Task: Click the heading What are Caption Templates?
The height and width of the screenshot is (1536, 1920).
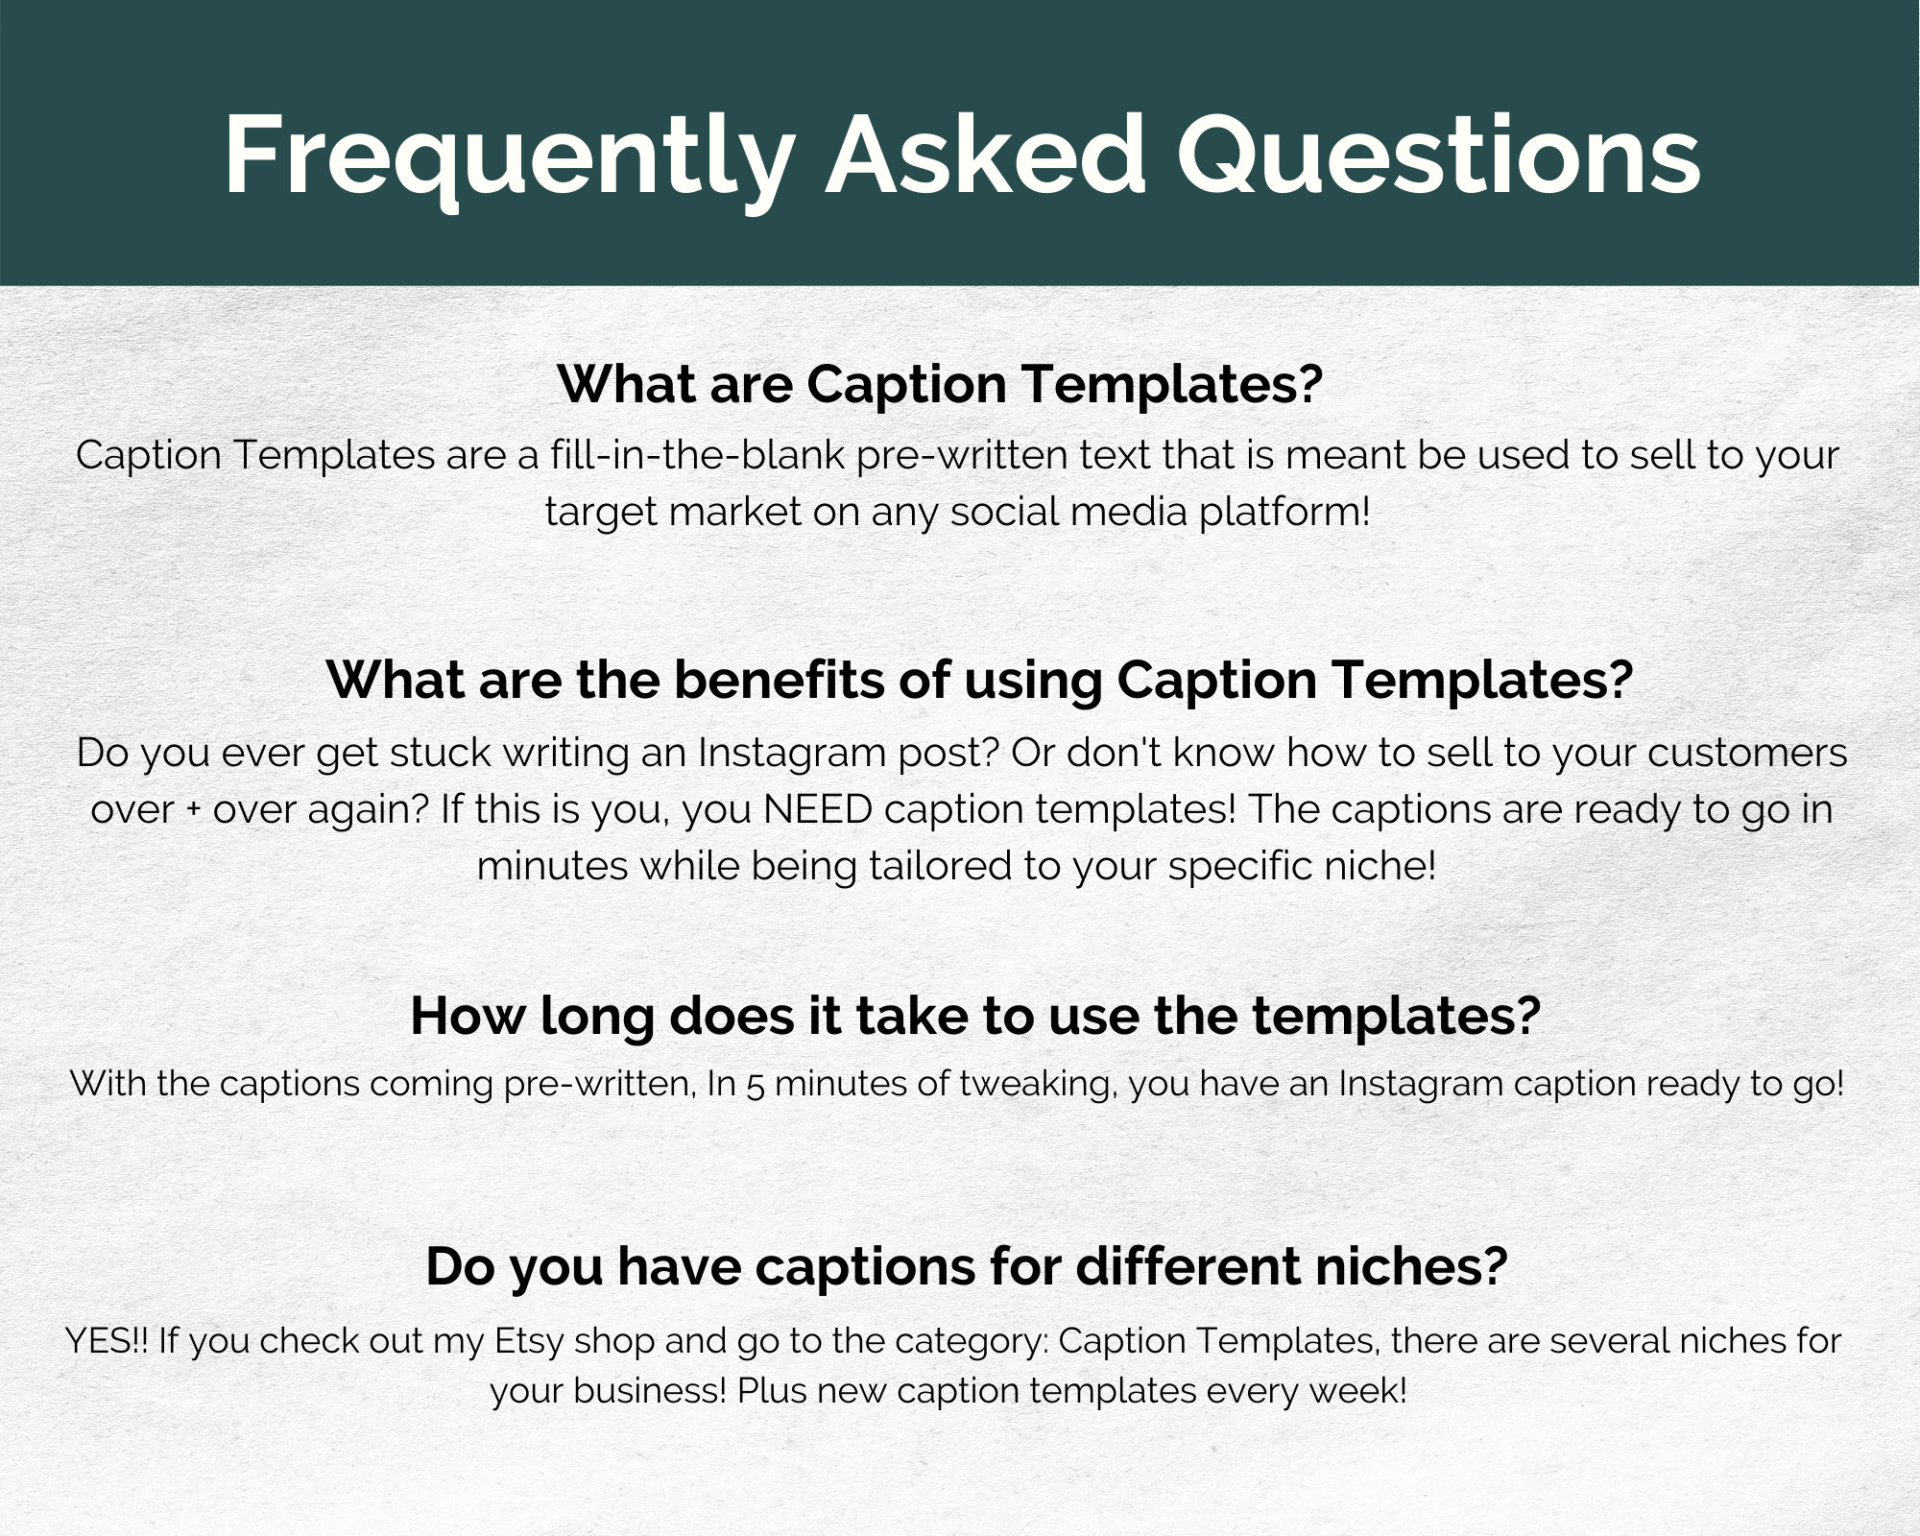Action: [x=940, y=384]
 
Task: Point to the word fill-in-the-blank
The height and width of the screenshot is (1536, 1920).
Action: [x=698, y=455]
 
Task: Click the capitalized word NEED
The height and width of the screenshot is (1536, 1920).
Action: [x=817, y=809]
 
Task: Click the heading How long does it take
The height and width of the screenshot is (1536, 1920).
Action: [x=974, y=1016]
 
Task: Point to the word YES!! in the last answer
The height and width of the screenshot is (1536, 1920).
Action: [x=108, y=1340]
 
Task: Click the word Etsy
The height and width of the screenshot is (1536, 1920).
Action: [x=529, y=1340]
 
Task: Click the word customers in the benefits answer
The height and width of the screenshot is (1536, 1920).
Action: [x=1747, y=753]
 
